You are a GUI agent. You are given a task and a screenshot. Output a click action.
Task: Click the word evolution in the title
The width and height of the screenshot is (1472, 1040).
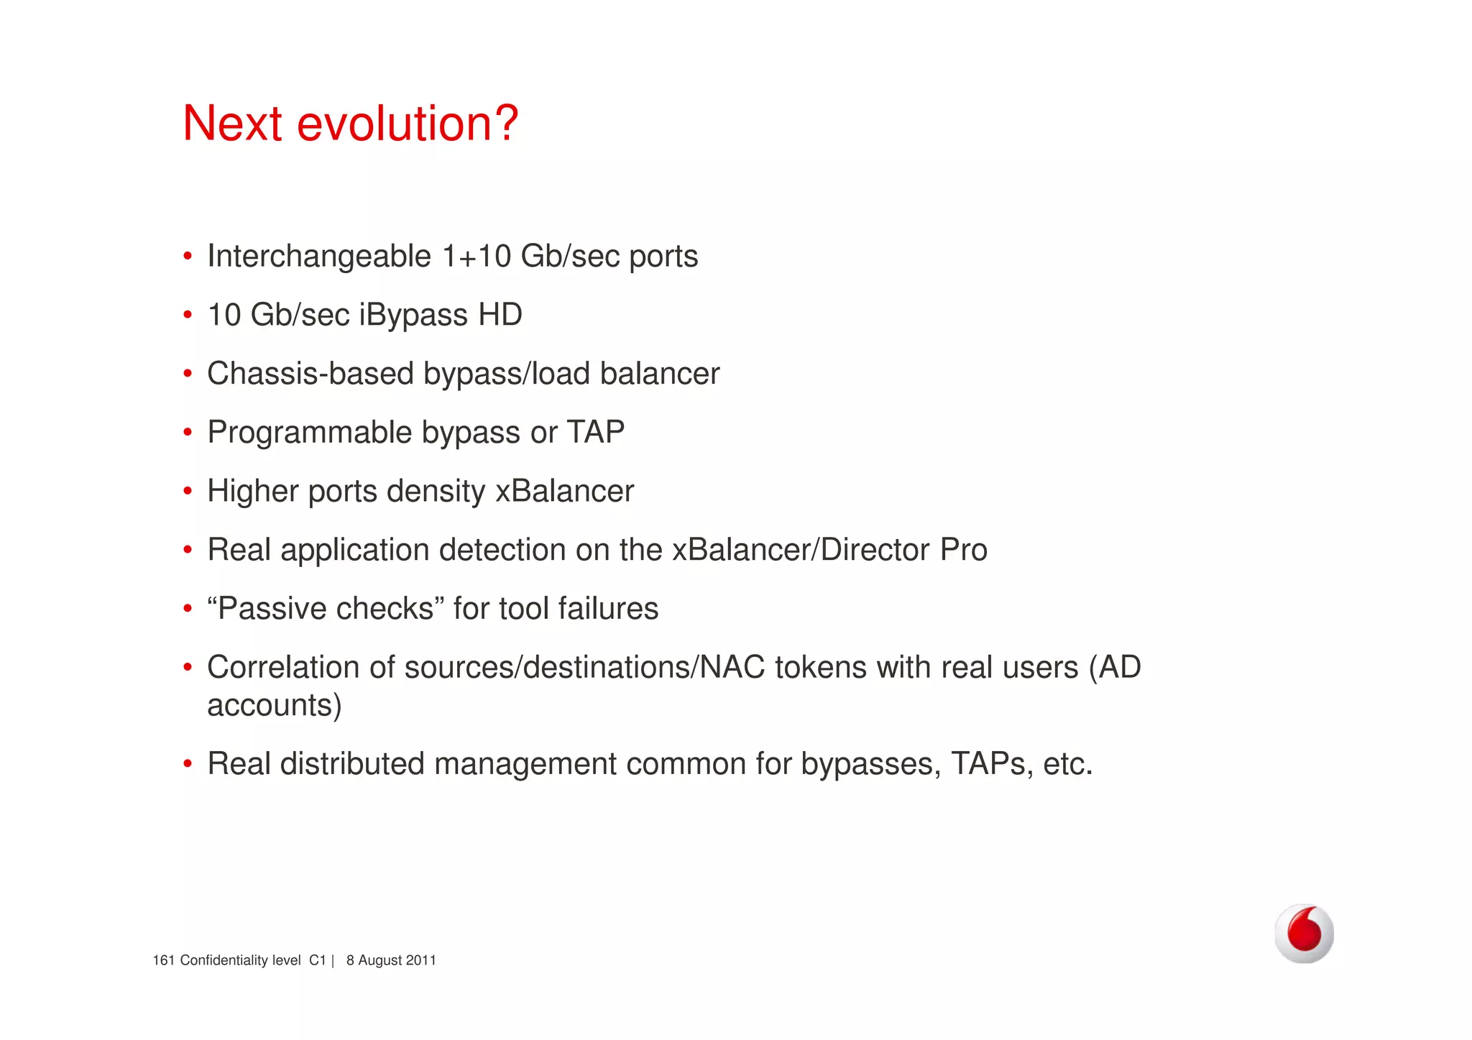(407, 124)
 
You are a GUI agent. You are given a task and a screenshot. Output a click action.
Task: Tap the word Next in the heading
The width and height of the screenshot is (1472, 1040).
(232, 124)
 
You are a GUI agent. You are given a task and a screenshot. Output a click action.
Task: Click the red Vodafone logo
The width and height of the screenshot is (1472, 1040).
(1304, 933)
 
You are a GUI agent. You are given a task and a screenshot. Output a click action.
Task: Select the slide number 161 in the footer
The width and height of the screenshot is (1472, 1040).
(163, 960)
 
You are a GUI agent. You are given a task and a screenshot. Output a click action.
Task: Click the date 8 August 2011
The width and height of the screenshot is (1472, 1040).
(391, 960)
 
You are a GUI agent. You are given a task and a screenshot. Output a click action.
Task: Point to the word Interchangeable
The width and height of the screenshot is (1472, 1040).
(318, 257)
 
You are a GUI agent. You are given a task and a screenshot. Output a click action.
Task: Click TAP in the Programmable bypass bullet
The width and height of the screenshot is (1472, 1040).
(595, 432)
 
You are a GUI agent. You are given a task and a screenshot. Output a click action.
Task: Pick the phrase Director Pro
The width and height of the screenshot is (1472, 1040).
(903, 550)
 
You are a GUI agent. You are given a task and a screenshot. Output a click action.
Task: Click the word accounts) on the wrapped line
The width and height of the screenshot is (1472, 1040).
(274, 705)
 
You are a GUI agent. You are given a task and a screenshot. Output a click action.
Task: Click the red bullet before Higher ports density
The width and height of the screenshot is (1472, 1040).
(188, 492)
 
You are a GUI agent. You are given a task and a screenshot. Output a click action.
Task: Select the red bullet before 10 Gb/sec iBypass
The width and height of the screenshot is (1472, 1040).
(188, 316)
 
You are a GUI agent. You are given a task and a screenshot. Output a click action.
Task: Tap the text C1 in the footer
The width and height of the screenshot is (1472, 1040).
(317, 960)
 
